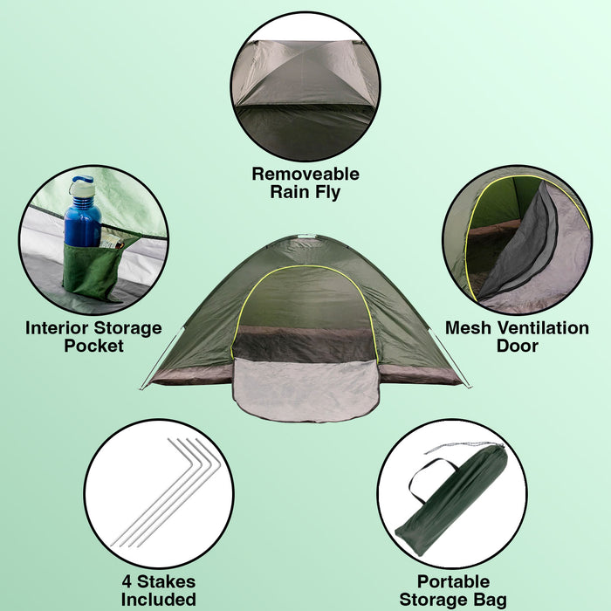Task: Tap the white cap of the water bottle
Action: [x=83, y=186]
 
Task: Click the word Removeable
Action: [x=305, y=174]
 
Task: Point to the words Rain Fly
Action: [x=305, y=192]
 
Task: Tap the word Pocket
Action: [x=94, y=346]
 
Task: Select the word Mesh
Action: [x=468, y=328]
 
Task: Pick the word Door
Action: [x=517, y=346]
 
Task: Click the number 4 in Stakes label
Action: [x=127, y=582]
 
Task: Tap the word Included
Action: [x=159, y=600]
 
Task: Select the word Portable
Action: [x=453, y=582]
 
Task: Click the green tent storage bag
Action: [x=452, y=502]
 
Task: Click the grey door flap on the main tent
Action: [x=305, y=390]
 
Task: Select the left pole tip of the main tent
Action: [x=141, y=388]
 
